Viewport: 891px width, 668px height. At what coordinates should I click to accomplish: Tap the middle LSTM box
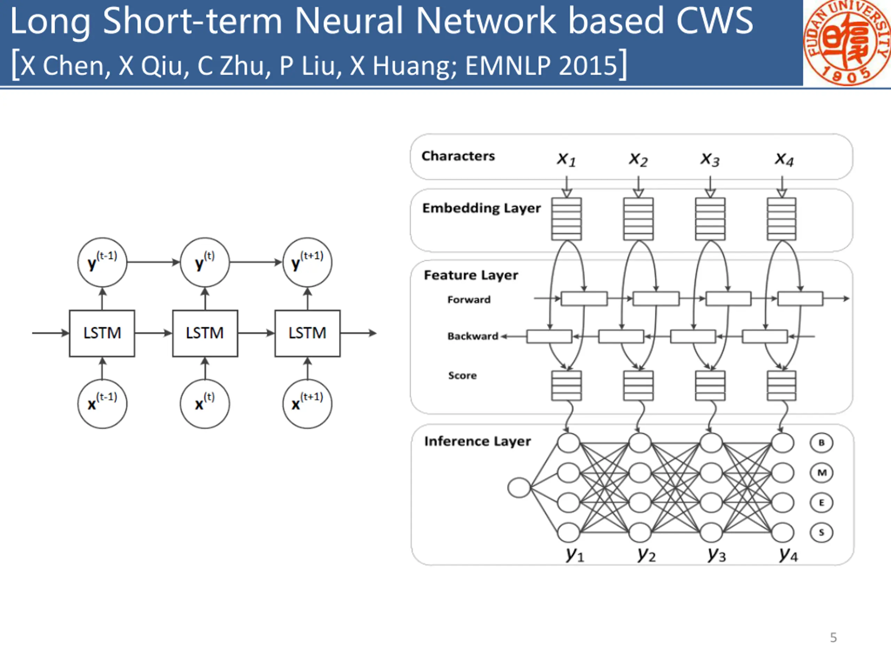click(205, 333)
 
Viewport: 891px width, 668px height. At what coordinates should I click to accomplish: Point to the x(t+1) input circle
click(307, 404)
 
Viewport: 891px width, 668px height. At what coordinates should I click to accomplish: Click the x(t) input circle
click(205, 404)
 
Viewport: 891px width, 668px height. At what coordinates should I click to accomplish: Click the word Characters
click(458, 156)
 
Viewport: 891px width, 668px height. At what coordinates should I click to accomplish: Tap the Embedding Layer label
click(481, 208)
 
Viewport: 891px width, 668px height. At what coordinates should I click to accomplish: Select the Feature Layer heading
click(471, 276)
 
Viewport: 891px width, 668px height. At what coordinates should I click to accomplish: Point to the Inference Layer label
click(477, 441)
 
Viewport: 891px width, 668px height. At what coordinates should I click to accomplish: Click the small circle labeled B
click(821, 443)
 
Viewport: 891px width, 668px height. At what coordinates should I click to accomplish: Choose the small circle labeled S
click(821, 533)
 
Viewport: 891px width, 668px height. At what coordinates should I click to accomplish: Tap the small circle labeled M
click(821, 473)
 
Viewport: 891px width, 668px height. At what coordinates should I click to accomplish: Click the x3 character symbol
click(710, 159)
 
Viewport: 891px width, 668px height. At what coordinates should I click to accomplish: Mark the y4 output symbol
click(788, 555)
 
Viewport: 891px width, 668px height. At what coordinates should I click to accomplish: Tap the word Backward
click(473, 336)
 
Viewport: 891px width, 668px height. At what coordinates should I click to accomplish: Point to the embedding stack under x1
click(566, 219)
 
